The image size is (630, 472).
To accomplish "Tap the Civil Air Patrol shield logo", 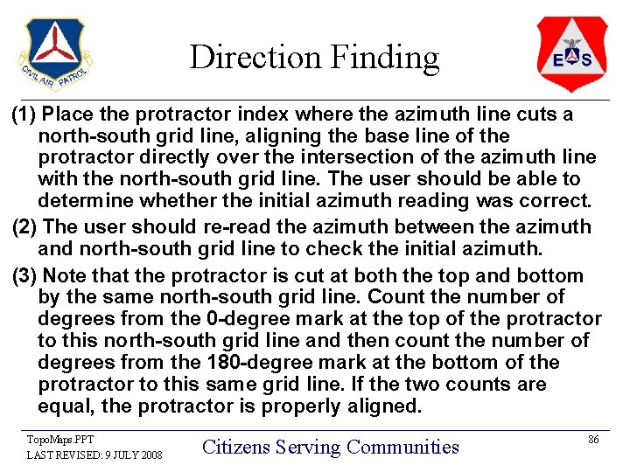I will click(x=54, y=54).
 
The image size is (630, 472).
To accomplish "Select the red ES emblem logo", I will click(x=571, y=54).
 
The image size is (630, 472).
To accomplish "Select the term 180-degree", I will click(x=241, y=363).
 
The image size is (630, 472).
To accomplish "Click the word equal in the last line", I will click(x=66, y=406).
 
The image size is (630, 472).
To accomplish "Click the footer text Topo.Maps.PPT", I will click(x=60, y=439).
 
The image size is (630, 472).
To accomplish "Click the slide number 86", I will click(x=592, y=440).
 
